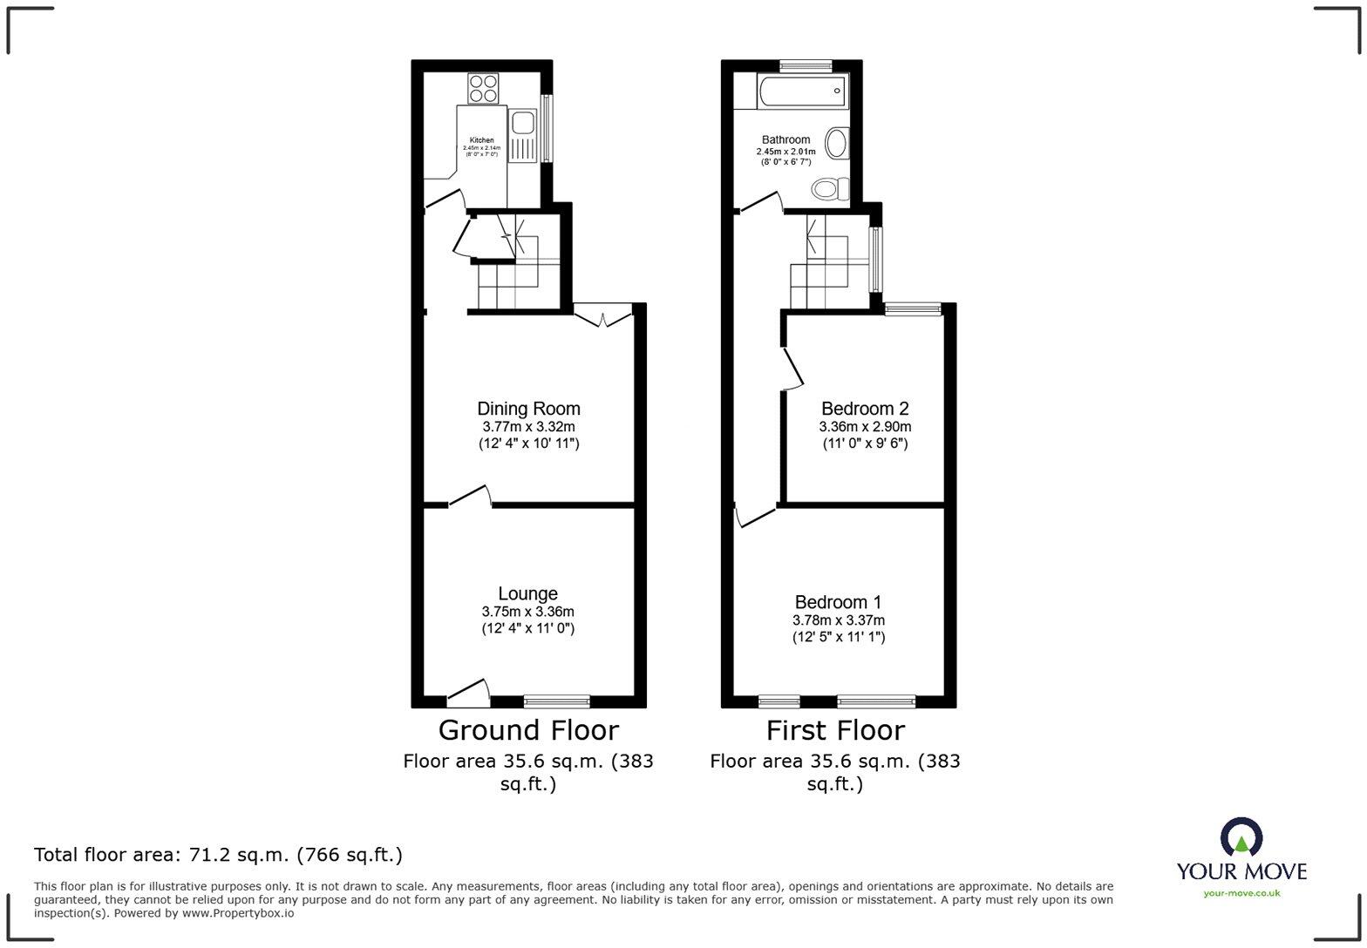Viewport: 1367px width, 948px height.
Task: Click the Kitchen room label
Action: tap(482, 140)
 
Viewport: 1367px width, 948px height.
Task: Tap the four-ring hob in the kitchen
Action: tap(483, 88)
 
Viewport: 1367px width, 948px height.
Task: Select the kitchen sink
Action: tap(523, 122)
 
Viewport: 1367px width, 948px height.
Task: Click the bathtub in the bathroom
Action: tap(801, 91)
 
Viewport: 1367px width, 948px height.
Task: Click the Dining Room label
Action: tap(528, 409)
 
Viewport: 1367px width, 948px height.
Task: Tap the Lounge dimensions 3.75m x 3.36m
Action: tap(527, 612)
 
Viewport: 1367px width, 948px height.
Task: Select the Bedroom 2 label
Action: tap(865, 409)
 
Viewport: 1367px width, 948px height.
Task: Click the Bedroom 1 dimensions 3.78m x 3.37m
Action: tap(838, 620)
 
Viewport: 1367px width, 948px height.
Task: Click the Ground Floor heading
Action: tap(528, 730)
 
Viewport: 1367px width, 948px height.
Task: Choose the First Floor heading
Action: tap(835, 730)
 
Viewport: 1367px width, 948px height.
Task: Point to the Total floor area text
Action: tap(218, 855)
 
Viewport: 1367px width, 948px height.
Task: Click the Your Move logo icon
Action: tap(1241, 837)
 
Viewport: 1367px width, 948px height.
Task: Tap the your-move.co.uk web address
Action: tap(1241, 893)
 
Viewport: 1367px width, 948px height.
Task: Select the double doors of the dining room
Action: tap(603, 316)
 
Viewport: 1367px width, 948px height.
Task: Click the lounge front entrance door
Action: tap(468, 692)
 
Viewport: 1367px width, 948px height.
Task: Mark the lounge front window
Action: tap(557, 701)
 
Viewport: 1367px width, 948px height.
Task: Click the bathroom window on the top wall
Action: tap(806, 64)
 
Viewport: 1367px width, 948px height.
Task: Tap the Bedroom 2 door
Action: tap(792, 368)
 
